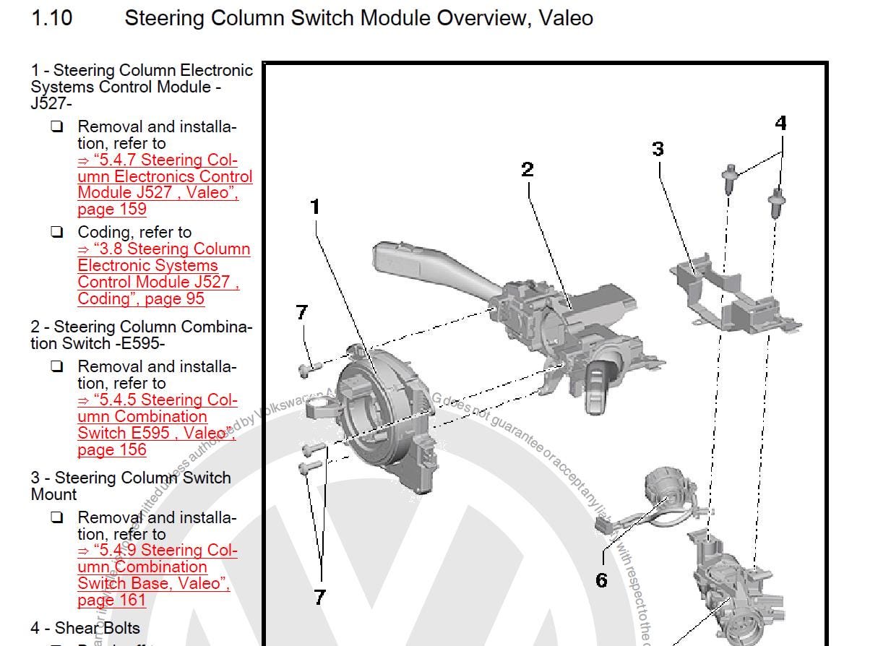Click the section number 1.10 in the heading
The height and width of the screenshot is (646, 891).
pos(51,18)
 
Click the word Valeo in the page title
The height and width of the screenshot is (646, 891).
pos(565,18)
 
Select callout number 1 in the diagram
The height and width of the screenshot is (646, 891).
pos(314,207)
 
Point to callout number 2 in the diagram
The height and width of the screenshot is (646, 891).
pos(528,170)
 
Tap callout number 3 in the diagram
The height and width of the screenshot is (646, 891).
pos(658,149)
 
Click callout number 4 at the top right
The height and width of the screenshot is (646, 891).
pos(780,124)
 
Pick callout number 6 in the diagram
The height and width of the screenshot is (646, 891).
pos(601,580)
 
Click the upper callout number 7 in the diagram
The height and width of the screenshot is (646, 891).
pos(302,312)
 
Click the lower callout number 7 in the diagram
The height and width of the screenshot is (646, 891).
pos(319,597)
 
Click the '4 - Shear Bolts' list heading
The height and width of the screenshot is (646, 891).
pos(85,628)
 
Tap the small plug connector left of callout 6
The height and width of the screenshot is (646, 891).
pos(601,526)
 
